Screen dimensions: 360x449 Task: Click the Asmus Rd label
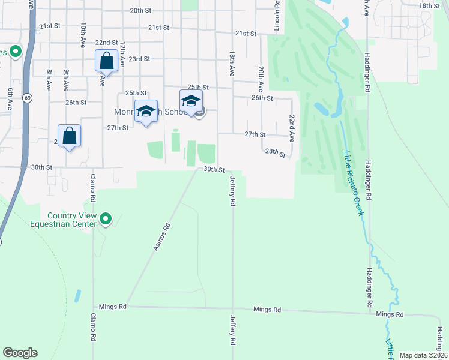click(x=162, y=236)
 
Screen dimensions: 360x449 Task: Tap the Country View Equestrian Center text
click(x=72, y=220)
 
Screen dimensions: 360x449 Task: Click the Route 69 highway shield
click(x=28, y=97)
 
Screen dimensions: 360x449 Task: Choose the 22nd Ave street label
click(x=292, y=128)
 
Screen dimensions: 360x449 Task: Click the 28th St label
click(x=276, y=152)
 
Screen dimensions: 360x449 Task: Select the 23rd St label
click(x=139, y=59)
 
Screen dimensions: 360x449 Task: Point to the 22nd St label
click(x=106, y=43)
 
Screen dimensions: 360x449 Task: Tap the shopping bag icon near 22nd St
click(x=106, y=61)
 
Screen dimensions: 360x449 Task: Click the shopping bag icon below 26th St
click(x=70, y=136)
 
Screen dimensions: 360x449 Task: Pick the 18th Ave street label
click(x=231, y=63)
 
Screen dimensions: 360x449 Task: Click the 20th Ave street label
click(x=261, y=78)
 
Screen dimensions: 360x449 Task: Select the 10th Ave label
click(x=83, y=35)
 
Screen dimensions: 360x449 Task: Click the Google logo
click(x=20, y=353)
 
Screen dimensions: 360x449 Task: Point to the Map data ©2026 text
click(x=423, y=355)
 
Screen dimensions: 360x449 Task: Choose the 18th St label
click(x=429, y=5)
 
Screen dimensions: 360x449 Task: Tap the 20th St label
click(x=140, y=11)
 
